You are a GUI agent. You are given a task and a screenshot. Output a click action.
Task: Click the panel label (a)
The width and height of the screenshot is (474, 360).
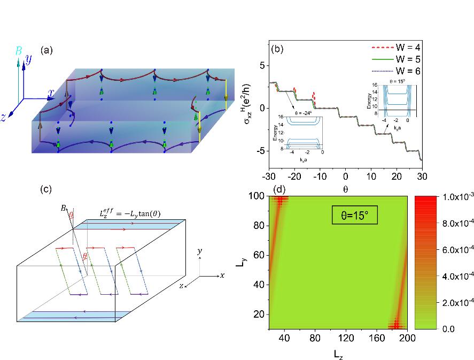click(x=46, y=50)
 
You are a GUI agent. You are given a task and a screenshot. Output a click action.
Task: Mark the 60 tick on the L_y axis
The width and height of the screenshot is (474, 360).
click(x=259, y=262)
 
